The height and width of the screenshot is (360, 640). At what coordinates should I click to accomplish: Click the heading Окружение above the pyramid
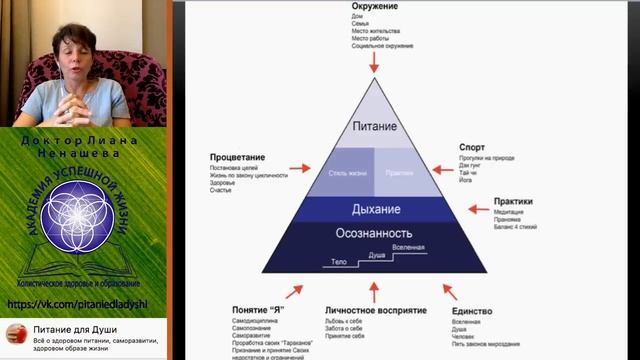pyautogui.click(x=375, y=5)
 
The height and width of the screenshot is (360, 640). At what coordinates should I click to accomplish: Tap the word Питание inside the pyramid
pyautogui.click(x=375, y=127)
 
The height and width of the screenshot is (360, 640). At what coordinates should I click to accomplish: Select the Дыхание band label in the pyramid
pyautogui.click(x=375, y=209)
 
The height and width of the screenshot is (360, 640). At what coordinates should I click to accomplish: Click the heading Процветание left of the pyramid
pyautogui.click(x=236, y=157)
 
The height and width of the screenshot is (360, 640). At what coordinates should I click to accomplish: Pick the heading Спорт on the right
pyautogui.click(x=472, y=146)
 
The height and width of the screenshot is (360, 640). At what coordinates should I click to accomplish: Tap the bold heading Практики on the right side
pyautogui.click(x=513, y=201)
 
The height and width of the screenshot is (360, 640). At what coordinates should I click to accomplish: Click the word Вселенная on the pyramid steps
pyautogui.click(x=408, y=247)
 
